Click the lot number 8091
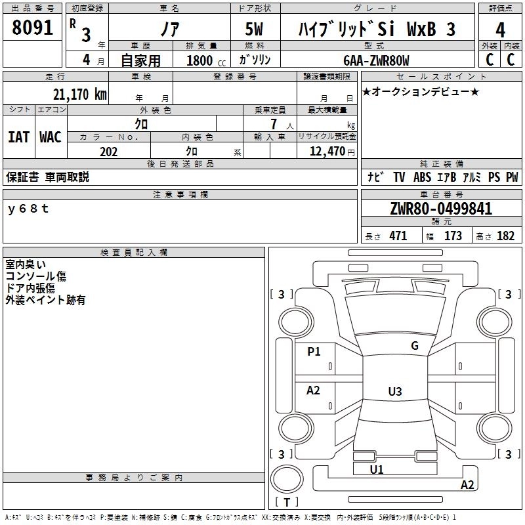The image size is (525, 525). [32, 28]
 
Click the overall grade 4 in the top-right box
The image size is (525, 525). [500, 30]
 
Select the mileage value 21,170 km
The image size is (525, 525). [79, 94]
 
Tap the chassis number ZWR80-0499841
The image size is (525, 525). [441, 209]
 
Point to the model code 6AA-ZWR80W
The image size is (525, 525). [376, 60]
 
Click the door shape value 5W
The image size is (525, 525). [254, 29]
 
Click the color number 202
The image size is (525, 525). [108, 152]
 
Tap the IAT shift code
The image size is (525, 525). [19, 137]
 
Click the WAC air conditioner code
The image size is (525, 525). [51, 137]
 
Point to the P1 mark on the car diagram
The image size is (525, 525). [314, 351]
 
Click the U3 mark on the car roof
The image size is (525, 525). [395, 391]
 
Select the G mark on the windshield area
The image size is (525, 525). [415, 345]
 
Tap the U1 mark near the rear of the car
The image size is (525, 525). [377, 469]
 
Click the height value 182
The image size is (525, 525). [505, 236]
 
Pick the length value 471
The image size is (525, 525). [398, 236]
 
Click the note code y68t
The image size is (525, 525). [28, 209]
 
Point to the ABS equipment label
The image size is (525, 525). [422, 177]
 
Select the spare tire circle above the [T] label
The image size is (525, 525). [287, 478]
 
